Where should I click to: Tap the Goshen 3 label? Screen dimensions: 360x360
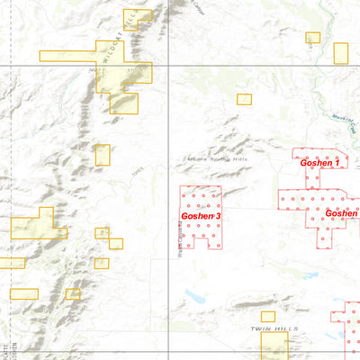click(x=201, y=216)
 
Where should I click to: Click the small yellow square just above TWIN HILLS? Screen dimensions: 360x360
click(x=267, y=316)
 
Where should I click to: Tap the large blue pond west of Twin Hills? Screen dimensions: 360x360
click(x=193, y=294)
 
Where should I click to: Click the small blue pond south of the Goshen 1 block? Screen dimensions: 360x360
click(x=295, y=261)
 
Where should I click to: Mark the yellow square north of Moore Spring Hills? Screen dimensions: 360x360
click(x=243, y=99)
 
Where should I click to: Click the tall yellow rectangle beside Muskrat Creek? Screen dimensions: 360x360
click(x=340, y=53)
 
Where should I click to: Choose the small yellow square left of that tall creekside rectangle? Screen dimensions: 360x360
click(x=312, y=38)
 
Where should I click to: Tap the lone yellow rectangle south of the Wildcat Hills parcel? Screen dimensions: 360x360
click(x=102, y=155)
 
